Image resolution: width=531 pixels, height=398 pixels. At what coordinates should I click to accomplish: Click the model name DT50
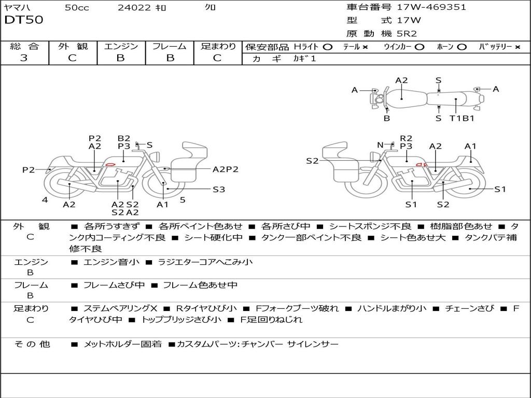pyautogui.click(x=24, y=20)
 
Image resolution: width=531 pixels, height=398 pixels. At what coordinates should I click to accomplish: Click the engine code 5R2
pyautogui.click(x=407, y=34)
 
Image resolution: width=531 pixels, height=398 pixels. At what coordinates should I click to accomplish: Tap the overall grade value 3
pyautogui.click(x=24, y=58)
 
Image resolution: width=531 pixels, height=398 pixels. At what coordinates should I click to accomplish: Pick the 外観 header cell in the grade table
pyautogui.click(x=73, y=46)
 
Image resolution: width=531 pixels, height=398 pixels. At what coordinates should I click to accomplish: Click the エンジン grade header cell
pyautogui.click(x=121, y=46)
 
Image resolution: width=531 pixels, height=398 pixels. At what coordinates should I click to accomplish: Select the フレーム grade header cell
pyautogui.click(x=170, y=46)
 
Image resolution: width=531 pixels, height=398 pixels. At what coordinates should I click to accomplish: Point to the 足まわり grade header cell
pyautogui.click(x=218, y=46)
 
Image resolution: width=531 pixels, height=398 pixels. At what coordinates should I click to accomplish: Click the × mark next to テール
pyautogui.click(x=365, y=47)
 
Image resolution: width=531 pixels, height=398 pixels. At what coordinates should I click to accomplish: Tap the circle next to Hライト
pyautogui.click(x=327, y=47)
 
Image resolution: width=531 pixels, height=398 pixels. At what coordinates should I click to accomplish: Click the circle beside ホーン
pyautogui.click(x=462, y=47)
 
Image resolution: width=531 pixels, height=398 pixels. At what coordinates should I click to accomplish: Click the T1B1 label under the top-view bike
pyautogui.click(x=462, y=118)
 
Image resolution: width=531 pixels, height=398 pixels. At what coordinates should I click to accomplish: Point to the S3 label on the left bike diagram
pyautogui.click(x=219, y=190)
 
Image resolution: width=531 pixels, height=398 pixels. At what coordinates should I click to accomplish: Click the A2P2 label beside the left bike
pyautogui.click(x=226, y=169)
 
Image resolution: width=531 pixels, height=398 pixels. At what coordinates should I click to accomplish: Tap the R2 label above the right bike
pyautogui.click(x=406, y=138)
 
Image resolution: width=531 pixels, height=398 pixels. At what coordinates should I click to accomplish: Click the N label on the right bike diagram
pyautogui.click(x=380, y=145)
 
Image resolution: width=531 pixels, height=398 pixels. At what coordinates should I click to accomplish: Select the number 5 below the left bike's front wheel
pyautogui.click(x=183, y=200)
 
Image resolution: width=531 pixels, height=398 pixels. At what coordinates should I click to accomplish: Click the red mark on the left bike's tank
pyautogui.click(x=110, y=164)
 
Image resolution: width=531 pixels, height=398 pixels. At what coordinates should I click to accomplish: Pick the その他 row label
pyautogui.click(x=32, y=344)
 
